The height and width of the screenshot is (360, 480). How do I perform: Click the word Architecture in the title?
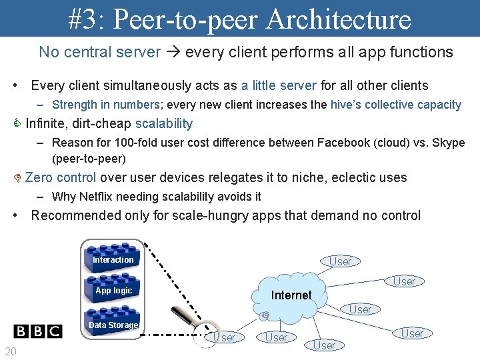coord(338,19)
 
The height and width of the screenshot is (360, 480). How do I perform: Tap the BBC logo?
coord(38,331)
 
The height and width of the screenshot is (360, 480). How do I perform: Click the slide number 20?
coord(11,351)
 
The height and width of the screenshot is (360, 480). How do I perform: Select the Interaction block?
coord(113,259)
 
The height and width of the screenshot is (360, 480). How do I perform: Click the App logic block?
coord(113,291)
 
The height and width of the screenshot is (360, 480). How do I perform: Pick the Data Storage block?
coord(113,325)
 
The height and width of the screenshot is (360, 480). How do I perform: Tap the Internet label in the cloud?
coord(291,295)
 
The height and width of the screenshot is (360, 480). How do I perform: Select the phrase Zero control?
coord(61,177)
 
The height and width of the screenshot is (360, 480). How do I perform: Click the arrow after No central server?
coord(173,52)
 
